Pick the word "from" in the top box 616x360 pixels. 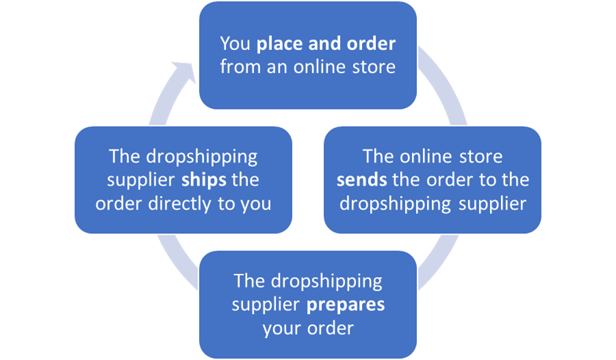point(237,67)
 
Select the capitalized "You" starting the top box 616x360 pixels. point(235,44)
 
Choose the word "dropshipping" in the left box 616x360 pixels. point(200,156)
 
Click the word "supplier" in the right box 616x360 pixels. point(491,204)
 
